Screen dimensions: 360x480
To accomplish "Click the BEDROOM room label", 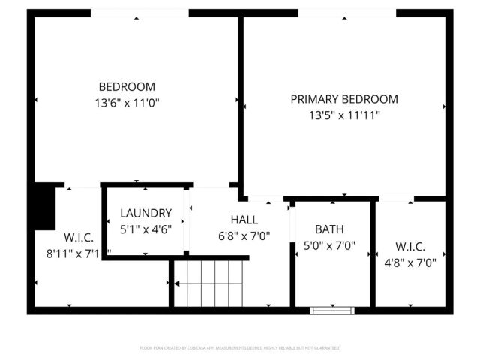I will tap(127, 86).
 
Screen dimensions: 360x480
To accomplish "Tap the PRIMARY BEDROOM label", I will tap(344, 99).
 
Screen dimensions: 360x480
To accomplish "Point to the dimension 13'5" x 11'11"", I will tap(344, 115).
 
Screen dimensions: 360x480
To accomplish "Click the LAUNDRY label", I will tap(145, 213).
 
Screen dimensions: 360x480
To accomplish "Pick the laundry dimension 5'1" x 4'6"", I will tap(145, 229).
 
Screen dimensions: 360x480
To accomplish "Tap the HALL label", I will tap(244, 220).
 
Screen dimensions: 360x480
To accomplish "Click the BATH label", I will tap(329, 229).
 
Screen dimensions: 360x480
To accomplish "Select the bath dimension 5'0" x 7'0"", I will tap(329, 245).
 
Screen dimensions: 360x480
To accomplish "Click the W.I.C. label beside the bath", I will tap(410, 246).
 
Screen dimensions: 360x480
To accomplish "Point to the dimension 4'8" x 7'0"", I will tap(410, 262).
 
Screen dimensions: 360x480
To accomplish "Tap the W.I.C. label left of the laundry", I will tap(78, 238).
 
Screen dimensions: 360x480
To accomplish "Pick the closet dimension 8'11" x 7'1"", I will tap(78, 253).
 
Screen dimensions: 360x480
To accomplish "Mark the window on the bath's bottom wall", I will tap(332, 309).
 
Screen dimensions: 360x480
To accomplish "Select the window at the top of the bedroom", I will tap(139, 13).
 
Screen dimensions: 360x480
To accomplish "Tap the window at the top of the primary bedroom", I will tap(346, 13).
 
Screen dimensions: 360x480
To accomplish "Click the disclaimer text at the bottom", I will tap(240, 348).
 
